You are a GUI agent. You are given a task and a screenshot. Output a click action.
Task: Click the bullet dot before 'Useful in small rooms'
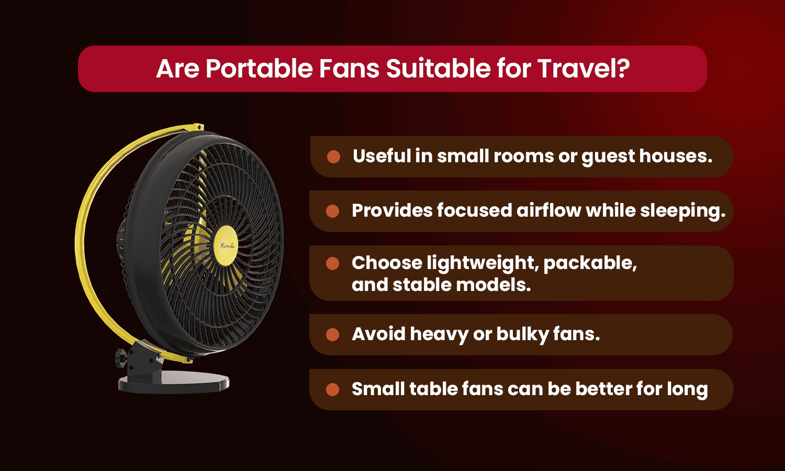(333, 156)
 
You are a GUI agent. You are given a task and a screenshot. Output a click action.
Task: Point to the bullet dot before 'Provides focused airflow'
(332, 211)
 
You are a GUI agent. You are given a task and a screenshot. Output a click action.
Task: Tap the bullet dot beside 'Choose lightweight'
(332, 263)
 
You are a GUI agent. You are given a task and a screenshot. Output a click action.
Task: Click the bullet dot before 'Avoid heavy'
(332, 334)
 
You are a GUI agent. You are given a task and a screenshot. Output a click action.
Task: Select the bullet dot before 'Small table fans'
(332, 389)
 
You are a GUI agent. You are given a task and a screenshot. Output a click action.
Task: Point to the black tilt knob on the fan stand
(120, 358)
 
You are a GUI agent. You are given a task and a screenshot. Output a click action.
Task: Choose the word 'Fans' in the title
(350, 69)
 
